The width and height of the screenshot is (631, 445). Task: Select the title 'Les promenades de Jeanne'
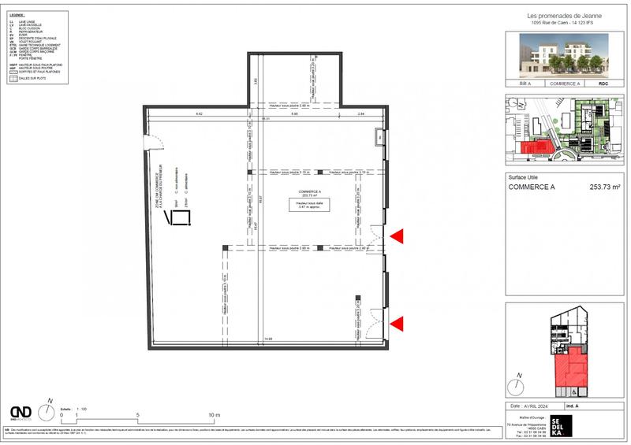coord(564,16)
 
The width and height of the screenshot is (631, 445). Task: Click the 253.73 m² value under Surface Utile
coord(605,187)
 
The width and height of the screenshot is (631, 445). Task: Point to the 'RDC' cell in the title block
coord(604,82)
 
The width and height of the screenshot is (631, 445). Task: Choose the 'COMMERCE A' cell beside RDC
coord(565,82)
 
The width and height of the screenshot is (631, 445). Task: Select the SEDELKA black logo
coord(566,425)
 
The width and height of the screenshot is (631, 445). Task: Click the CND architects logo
coord(21,413)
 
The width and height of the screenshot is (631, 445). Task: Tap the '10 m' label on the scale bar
coord(214,414)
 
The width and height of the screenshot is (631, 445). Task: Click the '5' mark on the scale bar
coord(138,414)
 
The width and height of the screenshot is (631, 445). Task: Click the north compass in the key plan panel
coord(517,385)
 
